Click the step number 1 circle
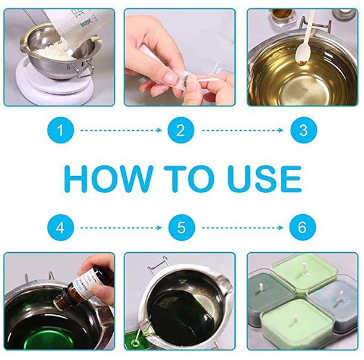click(61, 130)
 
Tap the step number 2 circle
click(181, 130)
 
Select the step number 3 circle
click(304, 130)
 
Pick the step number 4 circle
click(61, 228)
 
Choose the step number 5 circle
click(182, 228)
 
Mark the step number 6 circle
click(303, 228)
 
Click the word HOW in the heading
click(108, 179)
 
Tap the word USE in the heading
click(265, 179)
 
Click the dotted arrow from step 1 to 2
click(121, 130)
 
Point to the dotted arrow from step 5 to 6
click(242, 228)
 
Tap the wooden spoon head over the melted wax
click(302, 55)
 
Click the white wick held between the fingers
click(209, 80)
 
